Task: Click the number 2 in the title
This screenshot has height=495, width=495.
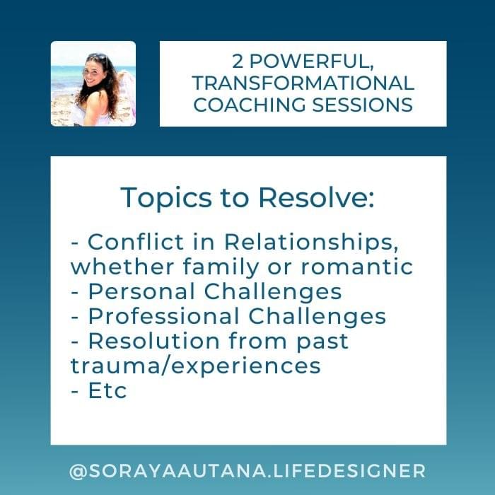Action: pos(238,62)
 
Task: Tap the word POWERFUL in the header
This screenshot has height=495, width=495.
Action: pos(312,62)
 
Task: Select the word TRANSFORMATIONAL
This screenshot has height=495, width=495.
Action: pos(303,83)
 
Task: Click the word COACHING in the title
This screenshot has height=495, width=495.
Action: pos(250,105)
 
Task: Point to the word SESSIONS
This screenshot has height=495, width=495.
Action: pos(362,105)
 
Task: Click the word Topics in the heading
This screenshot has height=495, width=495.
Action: pos(166,198)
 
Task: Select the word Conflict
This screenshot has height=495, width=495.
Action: pos(136,242)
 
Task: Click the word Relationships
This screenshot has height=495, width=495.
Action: pos(311,243)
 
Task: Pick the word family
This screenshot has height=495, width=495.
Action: pos(221,267)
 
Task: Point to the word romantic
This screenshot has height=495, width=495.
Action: pos(357,267)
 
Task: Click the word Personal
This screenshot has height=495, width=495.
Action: pos(141,291)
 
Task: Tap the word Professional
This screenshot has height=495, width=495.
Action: pos(164,316)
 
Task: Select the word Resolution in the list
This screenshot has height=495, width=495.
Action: pos(154,341)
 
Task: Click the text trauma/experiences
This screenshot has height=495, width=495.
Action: pos(196,366)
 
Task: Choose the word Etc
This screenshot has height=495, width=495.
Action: pos(107,390)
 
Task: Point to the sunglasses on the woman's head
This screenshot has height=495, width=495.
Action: pos(98,57)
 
